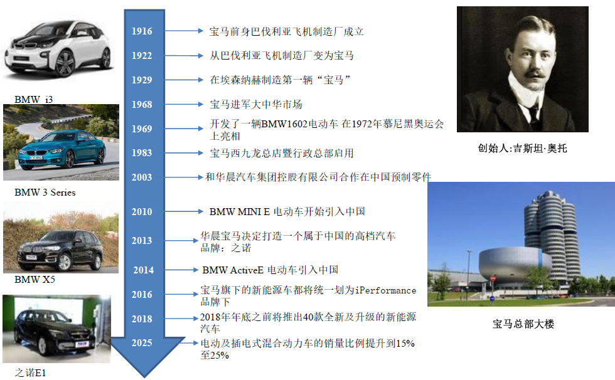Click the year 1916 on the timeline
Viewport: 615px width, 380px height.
142,31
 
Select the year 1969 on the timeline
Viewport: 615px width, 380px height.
142,129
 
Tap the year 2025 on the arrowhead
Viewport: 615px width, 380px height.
142,343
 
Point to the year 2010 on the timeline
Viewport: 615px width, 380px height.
142,212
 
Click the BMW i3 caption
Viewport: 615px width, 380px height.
34,100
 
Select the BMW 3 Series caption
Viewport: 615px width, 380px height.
45,193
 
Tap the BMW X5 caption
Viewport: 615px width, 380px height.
35,280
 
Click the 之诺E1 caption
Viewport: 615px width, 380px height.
30,372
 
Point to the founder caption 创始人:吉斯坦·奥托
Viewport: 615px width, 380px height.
522,148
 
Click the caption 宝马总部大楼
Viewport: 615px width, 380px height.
523,324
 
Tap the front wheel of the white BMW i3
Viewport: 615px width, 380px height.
65,63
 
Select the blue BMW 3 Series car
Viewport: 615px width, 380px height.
62,150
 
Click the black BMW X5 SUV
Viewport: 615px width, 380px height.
60,251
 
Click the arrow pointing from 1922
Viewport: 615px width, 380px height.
183,56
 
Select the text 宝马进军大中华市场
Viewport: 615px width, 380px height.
256,105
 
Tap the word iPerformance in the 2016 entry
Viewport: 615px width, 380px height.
385,290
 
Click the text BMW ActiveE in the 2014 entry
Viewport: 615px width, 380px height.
233,270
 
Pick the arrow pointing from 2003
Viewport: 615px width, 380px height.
183,177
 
